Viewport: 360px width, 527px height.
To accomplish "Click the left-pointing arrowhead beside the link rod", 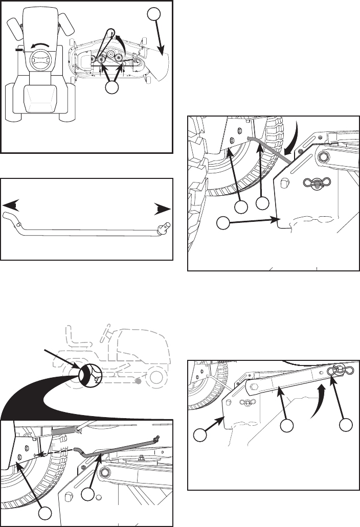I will coord(10,205).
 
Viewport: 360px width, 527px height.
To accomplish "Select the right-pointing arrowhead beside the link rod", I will coord(163,210).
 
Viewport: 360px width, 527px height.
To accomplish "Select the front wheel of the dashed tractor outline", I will coord(158,377).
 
